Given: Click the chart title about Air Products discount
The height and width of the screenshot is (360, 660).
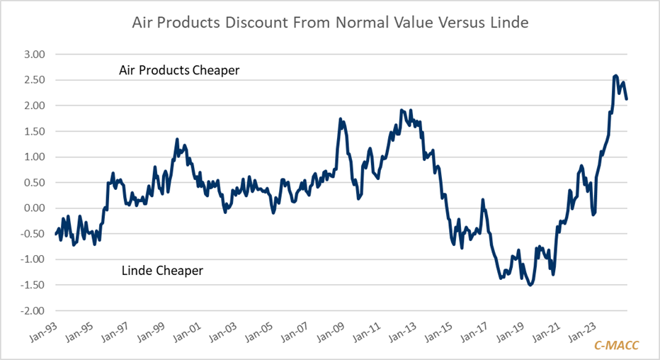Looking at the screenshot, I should [330, 23].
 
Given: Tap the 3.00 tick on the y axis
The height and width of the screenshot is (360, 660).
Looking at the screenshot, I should [33, 55].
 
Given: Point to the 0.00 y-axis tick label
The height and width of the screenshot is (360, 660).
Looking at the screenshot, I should [33, 208].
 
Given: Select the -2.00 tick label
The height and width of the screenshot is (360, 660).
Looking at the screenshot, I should [32, 311].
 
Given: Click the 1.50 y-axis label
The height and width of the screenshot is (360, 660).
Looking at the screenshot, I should [33, 132].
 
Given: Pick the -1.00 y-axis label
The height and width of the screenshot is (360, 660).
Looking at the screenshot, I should [32, 260].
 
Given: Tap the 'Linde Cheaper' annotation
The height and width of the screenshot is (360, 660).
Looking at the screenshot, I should [162, 271].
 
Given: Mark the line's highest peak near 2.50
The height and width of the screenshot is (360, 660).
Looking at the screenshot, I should [615, 75].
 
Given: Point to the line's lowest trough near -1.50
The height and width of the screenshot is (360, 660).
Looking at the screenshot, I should [530, 285].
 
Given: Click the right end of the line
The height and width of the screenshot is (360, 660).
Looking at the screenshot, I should [627, 99].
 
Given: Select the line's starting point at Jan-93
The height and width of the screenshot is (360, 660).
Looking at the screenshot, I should [55, 234].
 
